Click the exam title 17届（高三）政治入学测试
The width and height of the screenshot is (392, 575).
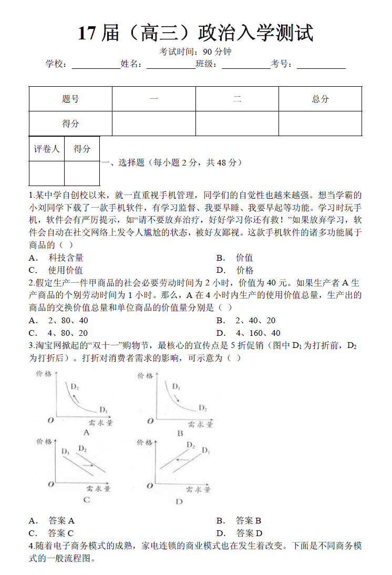pyautogui.click(x=195, y=33)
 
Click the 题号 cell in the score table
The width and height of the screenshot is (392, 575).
pyautogui.click(x=70, y=99)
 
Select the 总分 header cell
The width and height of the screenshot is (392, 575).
pyautogui.click(x=320, y=99)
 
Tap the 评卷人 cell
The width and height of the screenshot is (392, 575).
pyautogui.click(x=47, y=149)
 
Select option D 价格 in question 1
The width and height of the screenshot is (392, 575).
pyautogui.click(x=244, y=270)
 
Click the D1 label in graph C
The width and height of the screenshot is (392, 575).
pyautogui.click(x=65, y=451)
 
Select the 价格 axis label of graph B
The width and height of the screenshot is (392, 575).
pyautogui.click(x=146, y=376)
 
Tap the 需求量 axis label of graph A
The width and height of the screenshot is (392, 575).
pyautogui.click(x=99, y=422)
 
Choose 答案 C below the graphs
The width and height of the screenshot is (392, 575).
pyautogui.click(x=60, y=533)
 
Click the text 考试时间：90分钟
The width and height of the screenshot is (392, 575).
pyautogui.click(x=195, y=52)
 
